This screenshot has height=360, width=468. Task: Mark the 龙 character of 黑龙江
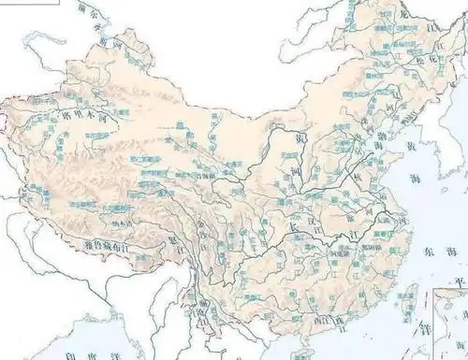point(403,13)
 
